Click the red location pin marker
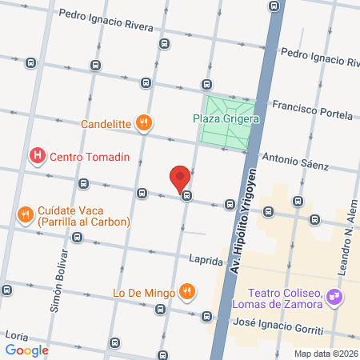(180, 177)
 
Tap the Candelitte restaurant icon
(144, 123)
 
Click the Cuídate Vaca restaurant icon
(25, 214)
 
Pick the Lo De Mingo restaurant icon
(186, 292)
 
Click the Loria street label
(17, 334)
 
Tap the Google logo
(26, 350)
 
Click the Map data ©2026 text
(326, 354)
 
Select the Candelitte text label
(106, 124)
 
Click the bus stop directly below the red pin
(186, 194)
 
